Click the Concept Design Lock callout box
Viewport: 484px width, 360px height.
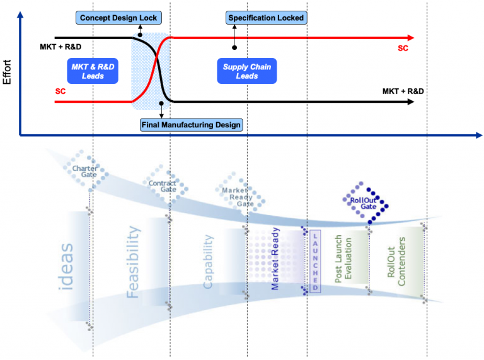[118, 18]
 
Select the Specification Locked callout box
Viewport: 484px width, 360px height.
[265, 18]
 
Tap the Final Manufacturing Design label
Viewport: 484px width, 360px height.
[191, 124]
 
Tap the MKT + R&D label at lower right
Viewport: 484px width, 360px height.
[403, 91]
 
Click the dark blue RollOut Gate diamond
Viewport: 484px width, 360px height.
[367, 200]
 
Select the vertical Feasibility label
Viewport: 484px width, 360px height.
[133, 262]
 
